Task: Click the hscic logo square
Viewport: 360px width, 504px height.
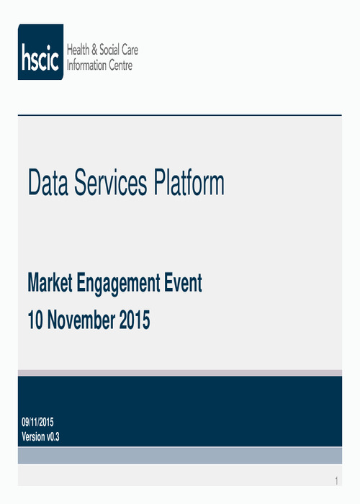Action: click(40, 52)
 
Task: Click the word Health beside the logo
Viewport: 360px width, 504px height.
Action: click(78, 50)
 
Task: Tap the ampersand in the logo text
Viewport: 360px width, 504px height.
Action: click(94, 50)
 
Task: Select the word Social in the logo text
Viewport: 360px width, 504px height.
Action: click(109, 50)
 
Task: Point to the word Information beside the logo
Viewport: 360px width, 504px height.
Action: click(86, 66)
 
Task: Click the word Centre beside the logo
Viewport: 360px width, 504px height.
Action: click(120, 66)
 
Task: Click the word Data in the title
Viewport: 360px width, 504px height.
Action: click(48, 182)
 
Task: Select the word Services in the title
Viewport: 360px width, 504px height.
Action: click(111, 182)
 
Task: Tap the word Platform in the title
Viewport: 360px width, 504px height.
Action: click(189, 182)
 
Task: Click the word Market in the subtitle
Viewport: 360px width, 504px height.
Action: click(50, 282)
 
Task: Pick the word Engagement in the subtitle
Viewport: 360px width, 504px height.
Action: click(118, 284)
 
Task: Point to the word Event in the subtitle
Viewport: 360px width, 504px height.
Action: click(183, 282)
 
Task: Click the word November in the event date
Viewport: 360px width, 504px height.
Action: click(81, 320)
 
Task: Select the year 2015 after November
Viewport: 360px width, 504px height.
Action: click(135, 320)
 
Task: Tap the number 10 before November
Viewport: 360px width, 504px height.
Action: click(35, 320)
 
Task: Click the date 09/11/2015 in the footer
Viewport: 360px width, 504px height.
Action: click(37, 422)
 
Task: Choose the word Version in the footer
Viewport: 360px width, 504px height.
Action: click(33, 436)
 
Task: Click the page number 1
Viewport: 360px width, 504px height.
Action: click(336, 481)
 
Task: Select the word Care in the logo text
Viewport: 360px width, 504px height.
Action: click(130, 50)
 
